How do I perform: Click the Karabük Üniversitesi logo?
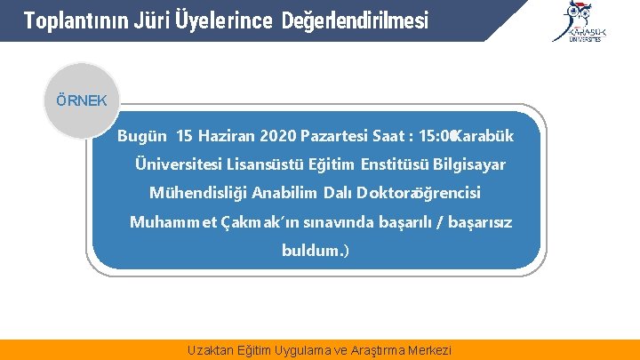pos(582,21)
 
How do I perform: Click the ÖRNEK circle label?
pos(81,100)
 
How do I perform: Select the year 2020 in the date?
pos(277,136)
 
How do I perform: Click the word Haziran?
pos(226,136)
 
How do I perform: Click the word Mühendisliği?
pos(198,193)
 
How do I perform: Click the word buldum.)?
pos(316,251)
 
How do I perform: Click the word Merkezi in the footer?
pos(428,350)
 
